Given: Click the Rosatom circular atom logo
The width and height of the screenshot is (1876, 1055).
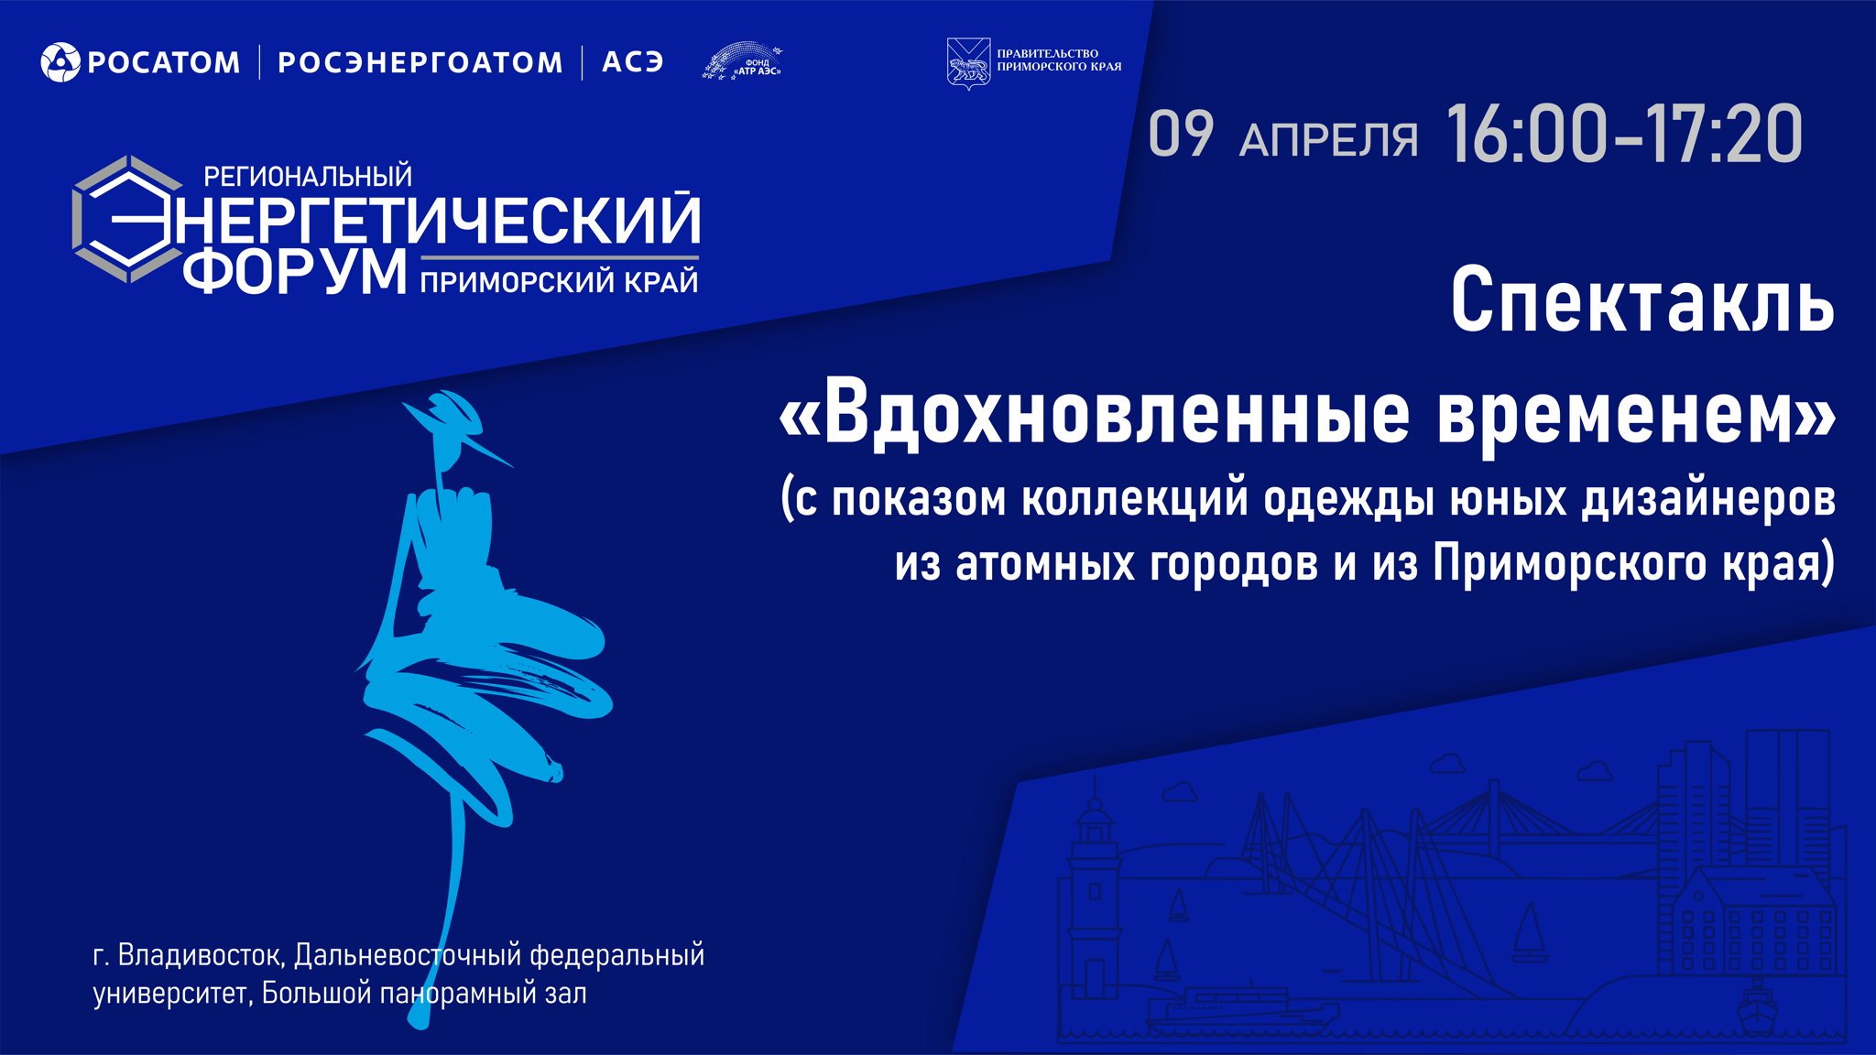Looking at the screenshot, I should tap(60, 62).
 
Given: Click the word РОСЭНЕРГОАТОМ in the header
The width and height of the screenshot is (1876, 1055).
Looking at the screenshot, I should tap(420, 62).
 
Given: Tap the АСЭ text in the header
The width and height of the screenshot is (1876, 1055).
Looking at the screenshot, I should tap(632, 62).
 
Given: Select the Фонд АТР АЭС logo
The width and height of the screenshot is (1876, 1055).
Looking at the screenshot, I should tap(743, 61).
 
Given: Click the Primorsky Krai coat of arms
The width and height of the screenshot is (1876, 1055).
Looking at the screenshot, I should tap(967, 63).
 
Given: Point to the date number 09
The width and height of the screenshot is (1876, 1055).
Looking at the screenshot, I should tap(1181, 136).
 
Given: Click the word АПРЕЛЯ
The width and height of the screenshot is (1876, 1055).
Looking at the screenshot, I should tap(1328, 140).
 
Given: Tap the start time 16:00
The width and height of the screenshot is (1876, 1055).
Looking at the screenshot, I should tap(1526, 136).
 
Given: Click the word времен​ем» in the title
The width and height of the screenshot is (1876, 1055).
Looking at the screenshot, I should tap(1635, 414).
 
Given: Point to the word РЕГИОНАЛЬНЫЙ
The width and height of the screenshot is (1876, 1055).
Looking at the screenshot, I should tap(308, 176).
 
